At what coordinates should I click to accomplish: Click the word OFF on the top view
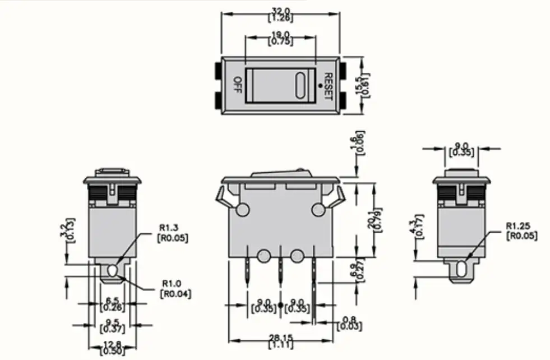pos(237,85)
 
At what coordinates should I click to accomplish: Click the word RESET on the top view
pos(329,86)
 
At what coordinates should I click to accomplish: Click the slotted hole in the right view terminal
pos(461,269)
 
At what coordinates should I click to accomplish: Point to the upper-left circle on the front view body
pos(243,210)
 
